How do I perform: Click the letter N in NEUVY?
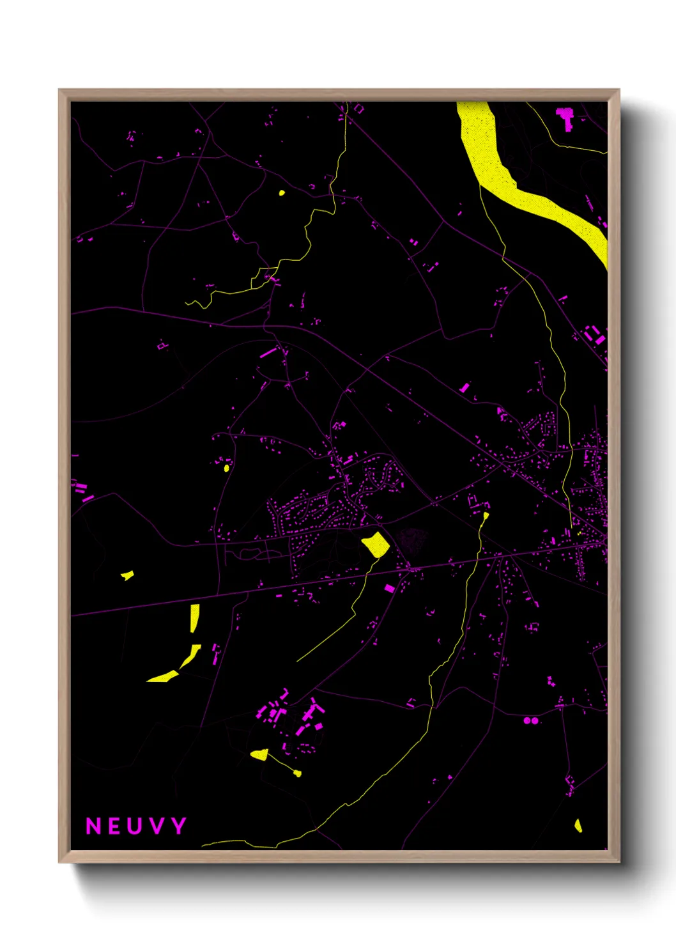click(93, 826)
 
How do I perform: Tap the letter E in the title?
click(114, 826)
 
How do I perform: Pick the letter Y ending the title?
click(178, 826)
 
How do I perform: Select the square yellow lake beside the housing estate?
click(376, 545)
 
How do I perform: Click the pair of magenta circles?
click(530, 720)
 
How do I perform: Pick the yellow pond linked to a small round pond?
click(259, 755)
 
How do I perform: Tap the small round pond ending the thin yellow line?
click(297, 773)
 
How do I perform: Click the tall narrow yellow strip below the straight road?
click(194, 617)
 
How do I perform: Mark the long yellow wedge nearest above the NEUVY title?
click(164, 676)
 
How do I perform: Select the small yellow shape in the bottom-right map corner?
click(578, 825)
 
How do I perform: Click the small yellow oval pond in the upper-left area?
click(281, 192)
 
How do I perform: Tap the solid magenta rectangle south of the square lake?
click(389, 588)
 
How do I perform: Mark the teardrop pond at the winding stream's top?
click(486, 515)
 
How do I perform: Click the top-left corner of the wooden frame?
click(59, 90)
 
